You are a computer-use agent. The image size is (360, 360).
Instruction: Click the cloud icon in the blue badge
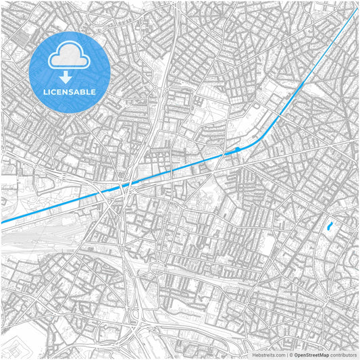pyautogui.click(x=70, y=55)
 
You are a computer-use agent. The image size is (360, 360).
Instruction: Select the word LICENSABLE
pyautogui.click(x=70, y=92)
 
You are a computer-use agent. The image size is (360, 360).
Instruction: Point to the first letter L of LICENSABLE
pyautogui.click(x=45, y=92)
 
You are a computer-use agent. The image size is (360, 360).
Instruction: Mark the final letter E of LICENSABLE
pyautogui.click(x=94, y=92)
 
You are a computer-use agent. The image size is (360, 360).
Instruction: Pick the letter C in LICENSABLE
pyautogui.click(x=54, y=92)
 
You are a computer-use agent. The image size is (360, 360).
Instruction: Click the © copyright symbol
pyautogui.click(x=290, y=354)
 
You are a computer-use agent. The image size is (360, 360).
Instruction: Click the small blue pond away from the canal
pyautogui.click(x=329, y=227)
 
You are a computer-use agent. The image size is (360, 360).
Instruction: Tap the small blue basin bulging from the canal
pyautogui.click(x=237, y=149)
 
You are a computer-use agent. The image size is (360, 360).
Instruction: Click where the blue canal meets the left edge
pyautogui.click(x=2, y=222)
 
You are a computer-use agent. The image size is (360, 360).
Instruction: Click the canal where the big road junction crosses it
pyautogui.click(x=123, y=187)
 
